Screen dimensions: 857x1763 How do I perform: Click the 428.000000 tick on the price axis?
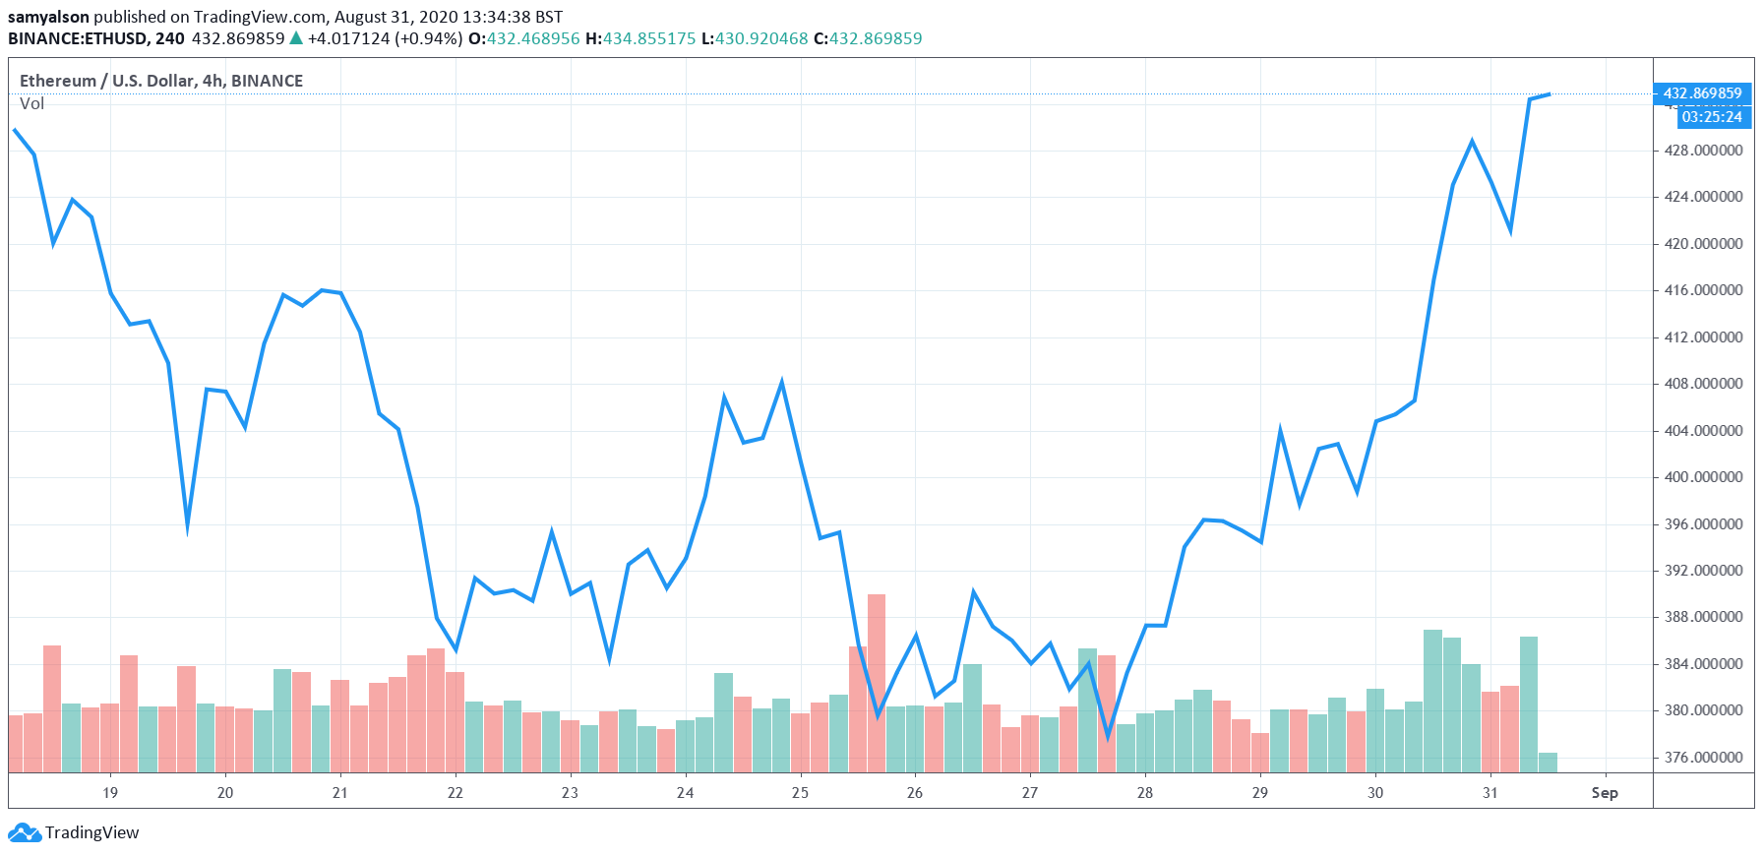(x=1703, y=151)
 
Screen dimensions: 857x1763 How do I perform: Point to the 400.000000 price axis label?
(x=1703, y=477)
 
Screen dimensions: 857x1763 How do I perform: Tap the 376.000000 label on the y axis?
(x=1703, y=758)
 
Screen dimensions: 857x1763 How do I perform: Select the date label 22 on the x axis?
(x=455, y=793)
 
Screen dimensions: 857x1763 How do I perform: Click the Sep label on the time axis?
(x=1604, y=793)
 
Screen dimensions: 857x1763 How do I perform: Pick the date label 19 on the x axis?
(x=110, y=793)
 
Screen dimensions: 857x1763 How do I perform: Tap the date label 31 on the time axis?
(x=1489, y=793)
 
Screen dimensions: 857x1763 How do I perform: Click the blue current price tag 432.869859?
(x=1702, y=93)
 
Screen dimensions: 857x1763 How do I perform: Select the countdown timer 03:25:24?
(x=1712, y=117)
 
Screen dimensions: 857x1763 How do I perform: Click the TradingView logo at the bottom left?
(x=75, y=832)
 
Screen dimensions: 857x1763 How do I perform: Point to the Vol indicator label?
(x=32, y=104)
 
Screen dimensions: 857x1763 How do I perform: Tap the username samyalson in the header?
(x=48, y=17)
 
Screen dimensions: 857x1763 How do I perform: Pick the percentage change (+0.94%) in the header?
(x=428, y=38)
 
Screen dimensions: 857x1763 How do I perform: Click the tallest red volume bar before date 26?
(x=876, y=683)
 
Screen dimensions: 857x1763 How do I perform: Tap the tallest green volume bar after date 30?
(x=1432, y=701)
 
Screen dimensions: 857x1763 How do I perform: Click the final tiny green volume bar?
(x=1548, y=763)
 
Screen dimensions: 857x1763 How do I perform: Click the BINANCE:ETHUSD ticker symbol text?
(x=79, y=38)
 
